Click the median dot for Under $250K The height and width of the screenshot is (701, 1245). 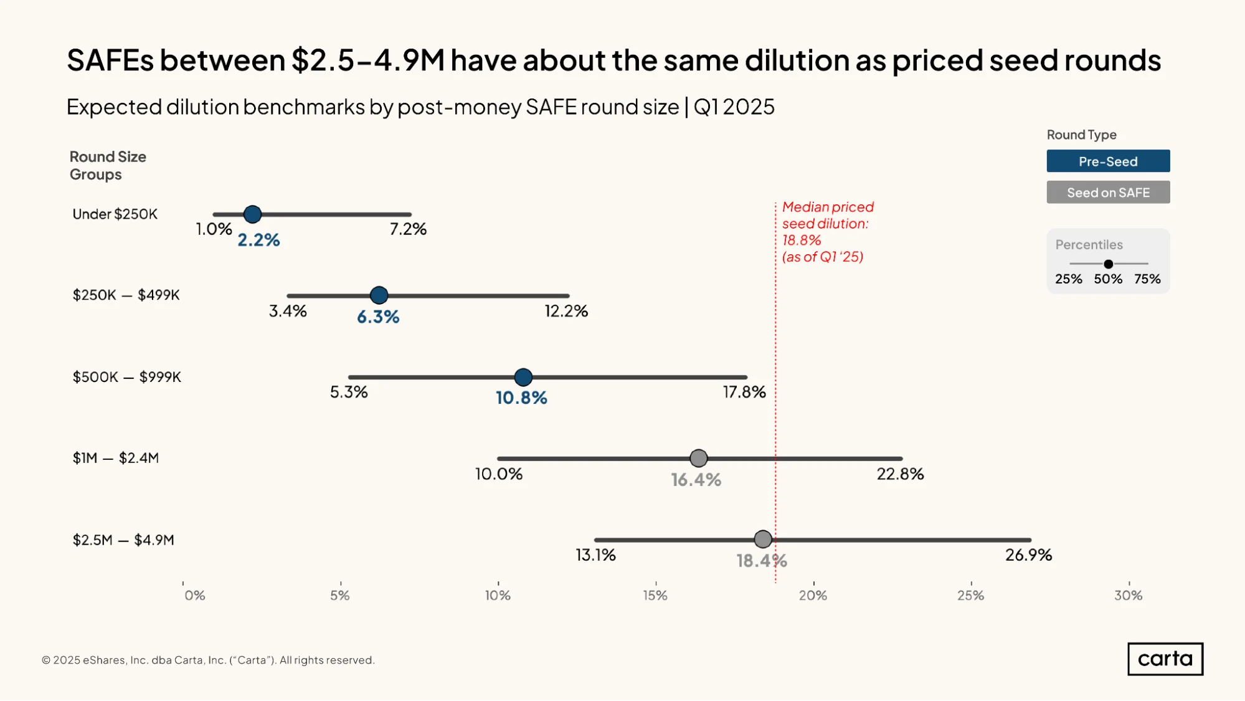click(x=252, y=214)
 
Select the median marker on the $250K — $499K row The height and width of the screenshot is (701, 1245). click(x=379, y=295)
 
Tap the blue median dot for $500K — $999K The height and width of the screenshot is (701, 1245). click(x=523, y=377)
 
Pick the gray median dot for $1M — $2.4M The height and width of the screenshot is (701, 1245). click(x=699, y=459)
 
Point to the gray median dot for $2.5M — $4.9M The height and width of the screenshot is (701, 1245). click(x=763, y=540)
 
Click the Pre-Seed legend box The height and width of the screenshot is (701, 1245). click(x=1108, y=161)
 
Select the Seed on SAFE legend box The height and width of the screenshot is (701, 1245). click(x=1108, y=192)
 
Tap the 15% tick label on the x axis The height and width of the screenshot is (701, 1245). click(x=655, y=595)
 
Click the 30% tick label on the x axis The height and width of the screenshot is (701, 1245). click(x=1128, y=595)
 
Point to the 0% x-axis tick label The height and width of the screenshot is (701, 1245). click(x=194, y=595)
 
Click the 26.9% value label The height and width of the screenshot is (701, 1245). click(x=1028, y=555)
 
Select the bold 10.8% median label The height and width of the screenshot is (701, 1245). click(x=521, y=398)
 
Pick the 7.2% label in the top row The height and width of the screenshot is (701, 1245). click(x=408, y=229)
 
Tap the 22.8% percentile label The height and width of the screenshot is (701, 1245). click(x=900, y=474)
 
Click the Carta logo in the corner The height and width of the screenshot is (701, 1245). click(x=1165, y=659)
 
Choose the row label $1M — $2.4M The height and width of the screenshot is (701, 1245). click(x=116, y=458)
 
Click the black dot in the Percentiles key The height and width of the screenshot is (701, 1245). click(x=1108, y=264)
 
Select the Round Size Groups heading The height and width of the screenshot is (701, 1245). click(x=108, y=165)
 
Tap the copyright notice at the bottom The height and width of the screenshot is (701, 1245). click(x=208, y=660)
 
